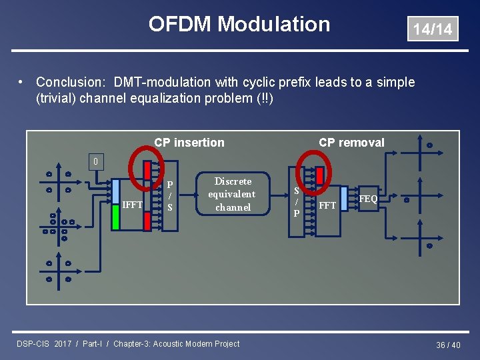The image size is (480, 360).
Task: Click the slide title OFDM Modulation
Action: point(239,24)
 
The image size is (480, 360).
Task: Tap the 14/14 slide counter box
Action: point(433,29)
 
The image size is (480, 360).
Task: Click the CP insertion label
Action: point(189,142)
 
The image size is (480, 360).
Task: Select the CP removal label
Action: point(351,142)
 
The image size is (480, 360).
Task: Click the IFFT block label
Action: point(133,205)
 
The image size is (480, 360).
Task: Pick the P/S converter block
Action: point(170,196)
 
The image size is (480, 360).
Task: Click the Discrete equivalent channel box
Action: point(232,194)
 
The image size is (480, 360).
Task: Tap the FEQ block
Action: point(368,199)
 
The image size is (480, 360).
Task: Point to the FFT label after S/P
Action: point(327,205)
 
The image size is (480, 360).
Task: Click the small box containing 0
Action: point(96,161)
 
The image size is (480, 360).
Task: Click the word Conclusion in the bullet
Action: point(64,82)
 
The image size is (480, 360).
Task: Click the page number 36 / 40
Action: point(448,345)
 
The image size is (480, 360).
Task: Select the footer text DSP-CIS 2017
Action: point(44,344)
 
